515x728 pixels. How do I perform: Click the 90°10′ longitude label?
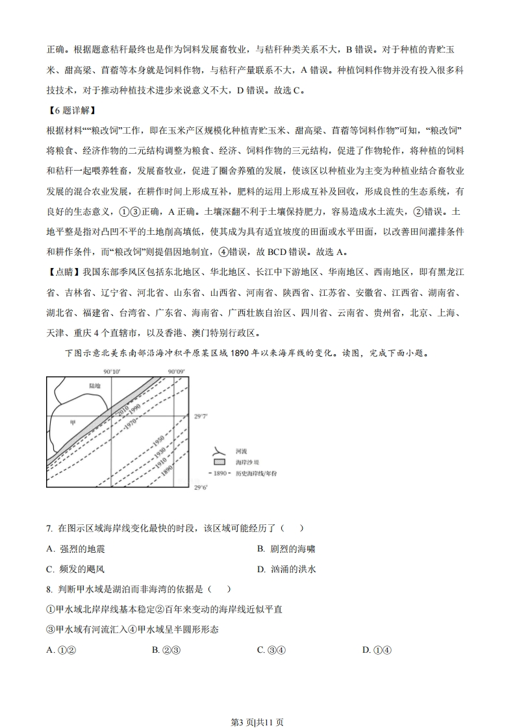(112, 371)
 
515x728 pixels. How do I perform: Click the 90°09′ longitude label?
(176, 371)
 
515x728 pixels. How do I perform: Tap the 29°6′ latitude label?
(201, 486)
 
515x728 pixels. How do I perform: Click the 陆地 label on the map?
(95, 385)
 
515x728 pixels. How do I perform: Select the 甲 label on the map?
(73, 422)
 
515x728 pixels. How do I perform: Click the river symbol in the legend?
(221, 450)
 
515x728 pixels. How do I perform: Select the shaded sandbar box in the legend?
(221, 462)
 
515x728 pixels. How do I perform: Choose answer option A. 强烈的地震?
(75, 549)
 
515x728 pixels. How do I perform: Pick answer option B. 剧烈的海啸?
(286, 549)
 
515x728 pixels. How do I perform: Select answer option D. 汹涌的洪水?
(286, 569)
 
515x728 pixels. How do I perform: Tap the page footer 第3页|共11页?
(257, 704)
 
